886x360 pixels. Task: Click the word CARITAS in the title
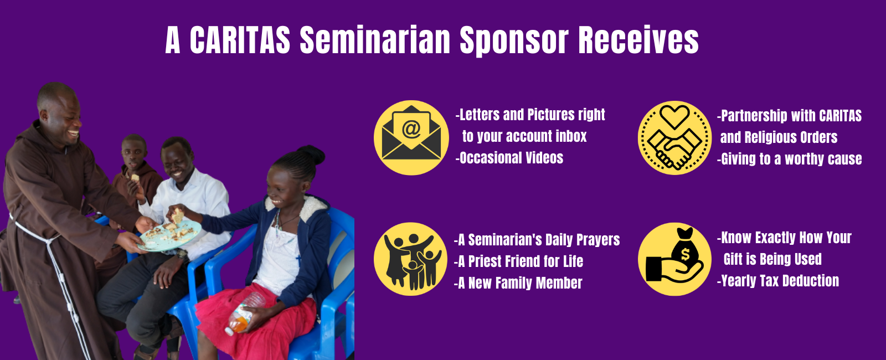click(240, 40)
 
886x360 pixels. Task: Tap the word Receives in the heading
click(638, 40)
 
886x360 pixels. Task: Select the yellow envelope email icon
click(411, 138)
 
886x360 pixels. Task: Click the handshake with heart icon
click(674, 138)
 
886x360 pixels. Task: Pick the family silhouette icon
click(410, 259)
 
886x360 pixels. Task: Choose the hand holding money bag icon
click(674, 259)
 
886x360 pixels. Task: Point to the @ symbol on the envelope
click(411, 129)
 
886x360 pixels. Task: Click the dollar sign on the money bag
click(686, 254)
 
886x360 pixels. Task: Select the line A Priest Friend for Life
click(519, 261)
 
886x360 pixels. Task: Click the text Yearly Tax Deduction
click(779, 281)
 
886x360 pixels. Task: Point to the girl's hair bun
click(310, 155)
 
